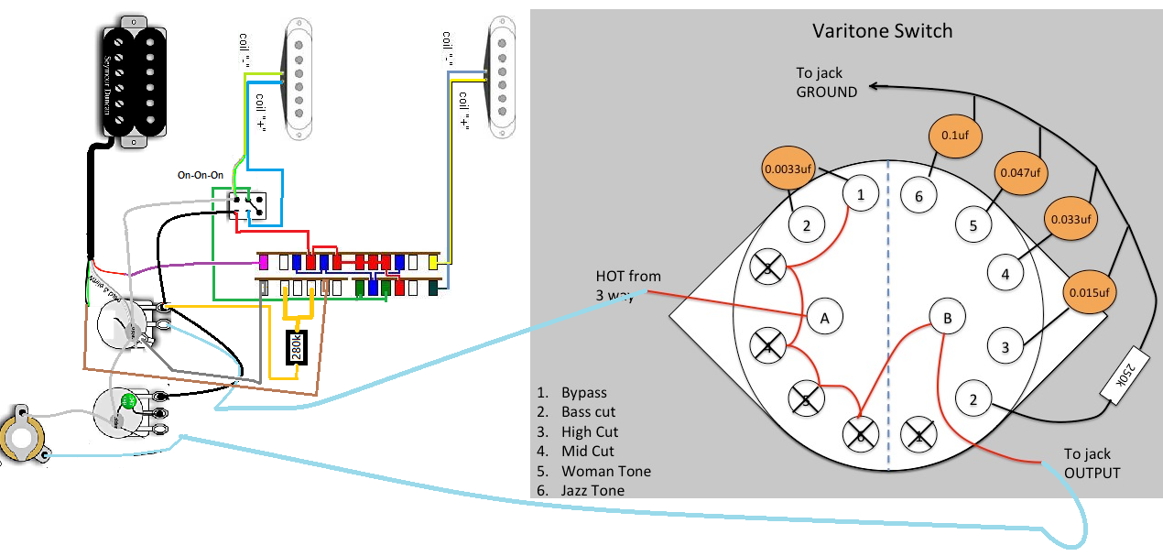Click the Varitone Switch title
[883, 31]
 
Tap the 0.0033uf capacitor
[788, 169]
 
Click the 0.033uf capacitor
[1071, 220]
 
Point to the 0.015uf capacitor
[1089, 293]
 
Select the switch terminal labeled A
[825, 318]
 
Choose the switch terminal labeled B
[948, 318]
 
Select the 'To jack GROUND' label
[826, 82]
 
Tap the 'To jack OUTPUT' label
[1092, 463]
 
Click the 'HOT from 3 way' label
[628, 285]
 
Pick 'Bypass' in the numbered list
[584, 392]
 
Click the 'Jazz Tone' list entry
[592, 490]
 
